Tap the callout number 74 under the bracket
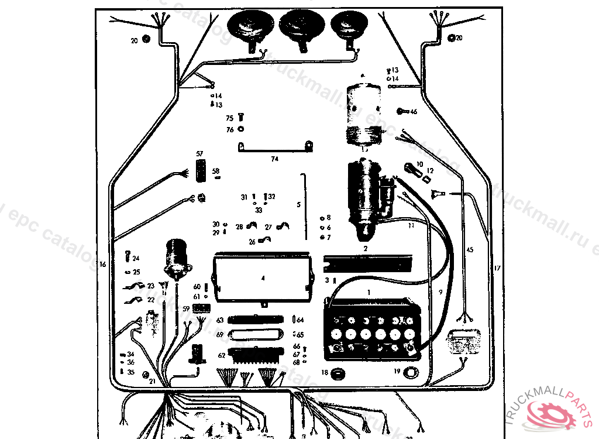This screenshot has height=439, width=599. pyautogui.click(x=274, y=159)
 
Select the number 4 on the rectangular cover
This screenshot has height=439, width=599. pyautogui.click(x=263, y=278)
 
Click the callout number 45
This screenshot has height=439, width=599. pyautogui.click(x=469, y=250)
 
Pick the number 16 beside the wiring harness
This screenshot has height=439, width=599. pyautogui.click(x=103, y=265)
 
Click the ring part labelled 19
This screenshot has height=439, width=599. pyautogui.click(x=411, y=372)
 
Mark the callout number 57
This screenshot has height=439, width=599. pyautogui.click(x=199, y=153)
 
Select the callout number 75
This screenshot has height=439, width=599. pyautogui.click(x=230, y=118)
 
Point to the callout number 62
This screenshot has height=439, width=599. pyautogui.click(x=222, y=355)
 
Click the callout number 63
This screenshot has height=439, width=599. pyautogui.click(x=220, y=320)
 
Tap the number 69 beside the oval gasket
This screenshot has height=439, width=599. pyautogui.click(x=220, y=335)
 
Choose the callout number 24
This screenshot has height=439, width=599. pyautogui.click(x=136, y=258)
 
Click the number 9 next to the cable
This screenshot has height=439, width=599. pyautogui.click(x=440, y=291)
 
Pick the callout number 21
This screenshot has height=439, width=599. pyautogui.click(x=152, y=381)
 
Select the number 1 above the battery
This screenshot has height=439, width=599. pyautogui.click(x=369, y=291)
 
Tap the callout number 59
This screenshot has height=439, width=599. pyautogui.click(x=186, y=308)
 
